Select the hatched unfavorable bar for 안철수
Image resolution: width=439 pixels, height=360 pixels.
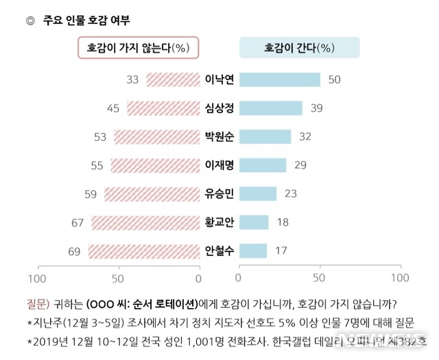tap(143, 251)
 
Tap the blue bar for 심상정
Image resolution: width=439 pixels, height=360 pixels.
tap(270, 108)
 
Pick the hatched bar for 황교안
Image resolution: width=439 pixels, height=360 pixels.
tap(145, 222)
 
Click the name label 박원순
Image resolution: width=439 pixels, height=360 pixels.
tap(219, 136)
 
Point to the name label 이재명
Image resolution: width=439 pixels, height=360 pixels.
tap(219, 165)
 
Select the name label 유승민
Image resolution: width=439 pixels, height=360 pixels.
tap(219, 193)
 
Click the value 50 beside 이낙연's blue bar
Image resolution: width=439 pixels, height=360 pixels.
tap(335, 80)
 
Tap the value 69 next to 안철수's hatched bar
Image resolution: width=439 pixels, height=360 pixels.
tap(74, 251)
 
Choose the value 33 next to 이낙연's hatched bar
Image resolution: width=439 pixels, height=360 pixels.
tap(133, 80)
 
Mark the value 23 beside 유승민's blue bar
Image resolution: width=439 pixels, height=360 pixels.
tap(291, 193)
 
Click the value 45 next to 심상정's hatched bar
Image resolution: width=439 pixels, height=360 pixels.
tap(113, 108)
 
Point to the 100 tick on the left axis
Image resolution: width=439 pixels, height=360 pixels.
tap(36, 278)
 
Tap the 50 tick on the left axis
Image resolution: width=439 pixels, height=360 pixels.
tap(117, 278)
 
